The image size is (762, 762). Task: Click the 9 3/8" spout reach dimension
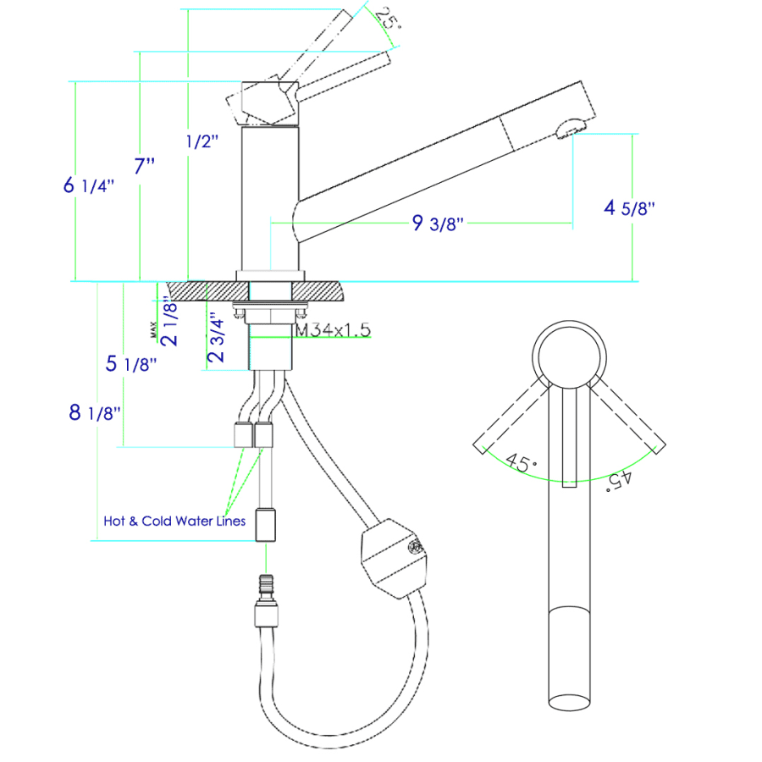[437, 224]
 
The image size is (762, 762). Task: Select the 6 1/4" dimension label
[89, 185]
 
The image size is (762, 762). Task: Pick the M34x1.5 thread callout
[333, 330]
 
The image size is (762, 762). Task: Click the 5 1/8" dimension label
[129, 364]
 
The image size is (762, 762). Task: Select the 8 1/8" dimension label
[95, 413]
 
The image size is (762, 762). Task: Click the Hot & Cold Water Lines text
[174, 521]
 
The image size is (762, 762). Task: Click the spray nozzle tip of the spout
[570, 128]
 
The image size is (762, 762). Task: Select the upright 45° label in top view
[522, 463]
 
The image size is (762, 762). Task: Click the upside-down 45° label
[619, 480]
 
